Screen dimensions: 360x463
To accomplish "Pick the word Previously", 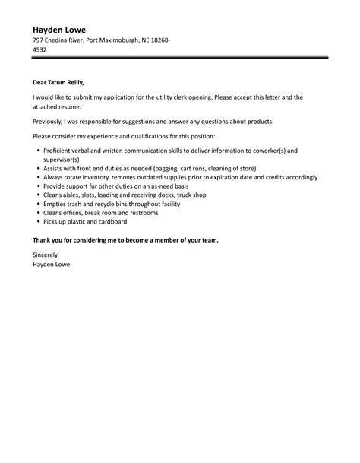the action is [51, 121].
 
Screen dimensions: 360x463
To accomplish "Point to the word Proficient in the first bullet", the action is [63, 151].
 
